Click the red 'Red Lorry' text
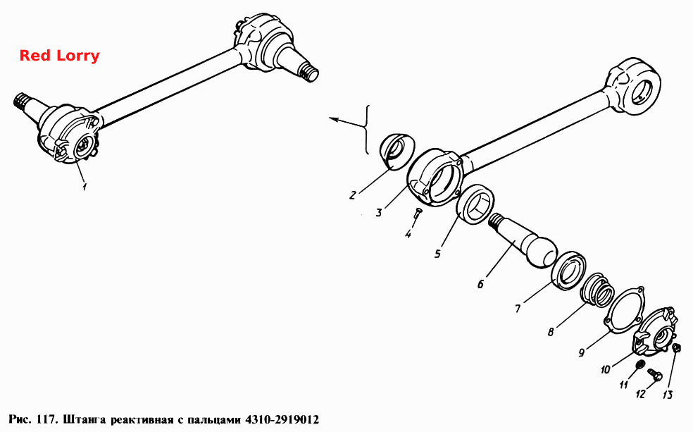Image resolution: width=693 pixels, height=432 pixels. pos(60,56)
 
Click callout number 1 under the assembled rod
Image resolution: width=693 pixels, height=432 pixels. pos(84,186)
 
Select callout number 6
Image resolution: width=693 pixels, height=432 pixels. pos(480,283)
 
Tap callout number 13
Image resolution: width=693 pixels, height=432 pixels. pos(668,394)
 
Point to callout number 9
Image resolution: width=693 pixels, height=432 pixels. pos(582,352)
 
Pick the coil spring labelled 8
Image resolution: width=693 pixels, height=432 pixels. pos(597,290)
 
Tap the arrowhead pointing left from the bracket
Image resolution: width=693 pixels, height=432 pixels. pos(334,118)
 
